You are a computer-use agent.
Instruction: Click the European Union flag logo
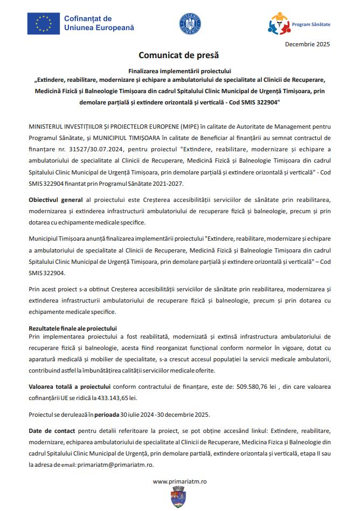[44, 23]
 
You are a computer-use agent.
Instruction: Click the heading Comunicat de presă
[179, 55]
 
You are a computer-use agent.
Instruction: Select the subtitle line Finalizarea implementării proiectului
[179, 71]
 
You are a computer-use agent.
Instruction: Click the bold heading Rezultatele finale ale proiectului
[72, 328]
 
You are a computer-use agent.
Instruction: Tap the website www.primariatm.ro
[179, 480]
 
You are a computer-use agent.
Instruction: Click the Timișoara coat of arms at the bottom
[179, 498]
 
